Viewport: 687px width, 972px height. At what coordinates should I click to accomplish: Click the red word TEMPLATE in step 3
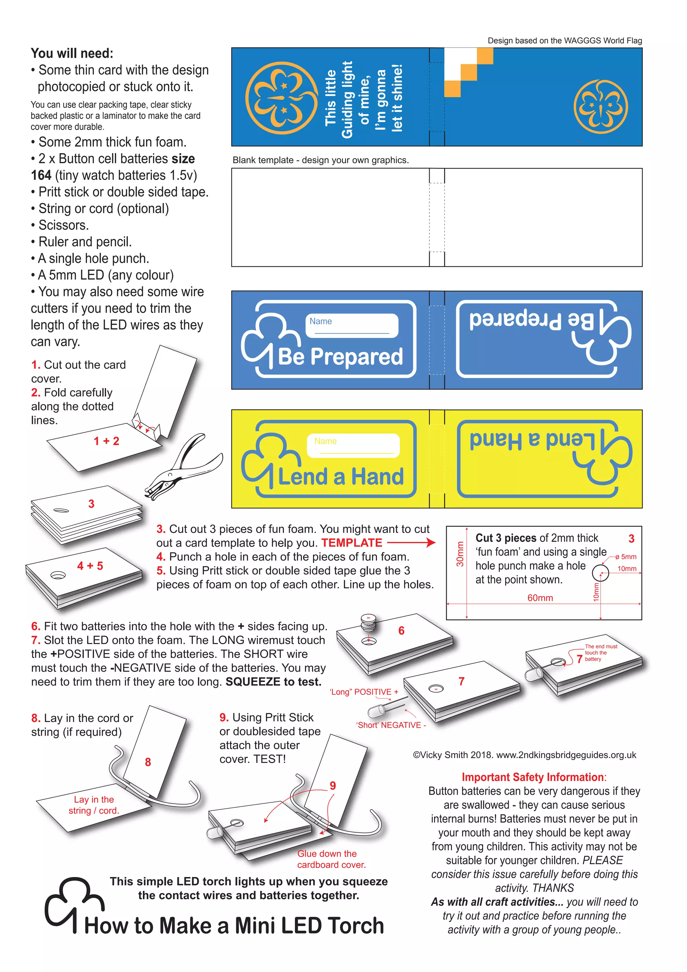coord(351,543)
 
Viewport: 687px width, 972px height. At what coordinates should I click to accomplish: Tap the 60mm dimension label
coord(540,598)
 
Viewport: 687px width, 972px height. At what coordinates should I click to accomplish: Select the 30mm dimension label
coord(460,554)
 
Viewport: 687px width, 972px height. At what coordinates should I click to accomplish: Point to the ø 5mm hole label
coord(626,557)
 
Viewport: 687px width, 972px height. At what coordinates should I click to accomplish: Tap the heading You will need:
coord(72,53)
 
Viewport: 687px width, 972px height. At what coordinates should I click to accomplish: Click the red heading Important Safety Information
coord(533,777)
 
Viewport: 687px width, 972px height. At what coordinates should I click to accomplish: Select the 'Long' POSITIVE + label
coord(364,692)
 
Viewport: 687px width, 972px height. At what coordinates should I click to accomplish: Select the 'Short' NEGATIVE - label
coord(390,725)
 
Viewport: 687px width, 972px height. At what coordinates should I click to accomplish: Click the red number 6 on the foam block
coord(401,630)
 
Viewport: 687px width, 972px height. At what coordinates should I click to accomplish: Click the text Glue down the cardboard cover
coord(331,859)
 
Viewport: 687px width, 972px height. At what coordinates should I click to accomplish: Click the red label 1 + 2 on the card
coord(106,441)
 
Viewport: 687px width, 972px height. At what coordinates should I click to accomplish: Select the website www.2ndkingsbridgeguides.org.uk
coord(566,755)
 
